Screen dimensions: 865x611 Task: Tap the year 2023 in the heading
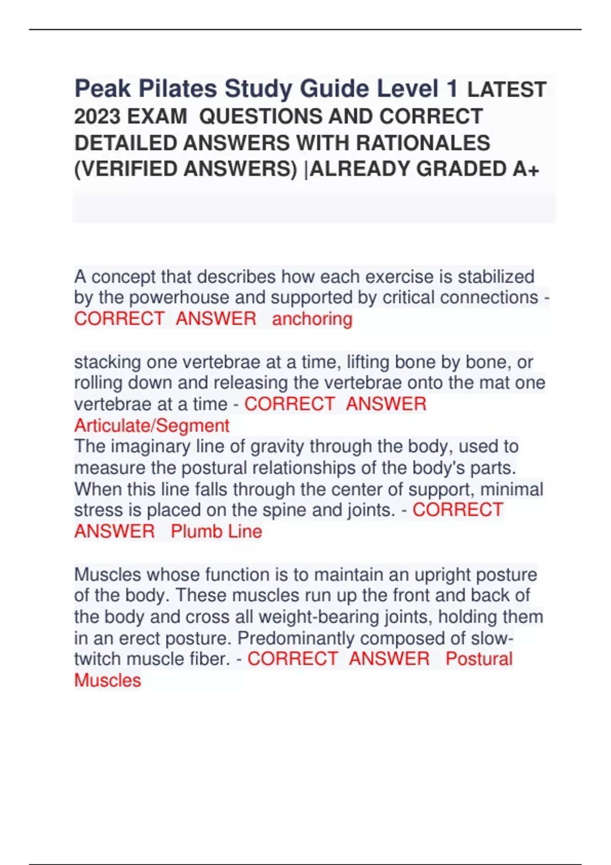click(x=97, y=117)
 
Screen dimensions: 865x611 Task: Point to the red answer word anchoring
click(x=312, y=319)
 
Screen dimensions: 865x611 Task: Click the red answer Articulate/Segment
click(x=152, y=425)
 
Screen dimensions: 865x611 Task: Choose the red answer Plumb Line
click(x=216, y=531)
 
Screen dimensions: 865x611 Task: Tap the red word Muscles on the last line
click(x=107, y=680)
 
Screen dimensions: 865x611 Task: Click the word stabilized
click(x=496, y=277)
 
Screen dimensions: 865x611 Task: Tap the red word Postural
click(x=479, y=659)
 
